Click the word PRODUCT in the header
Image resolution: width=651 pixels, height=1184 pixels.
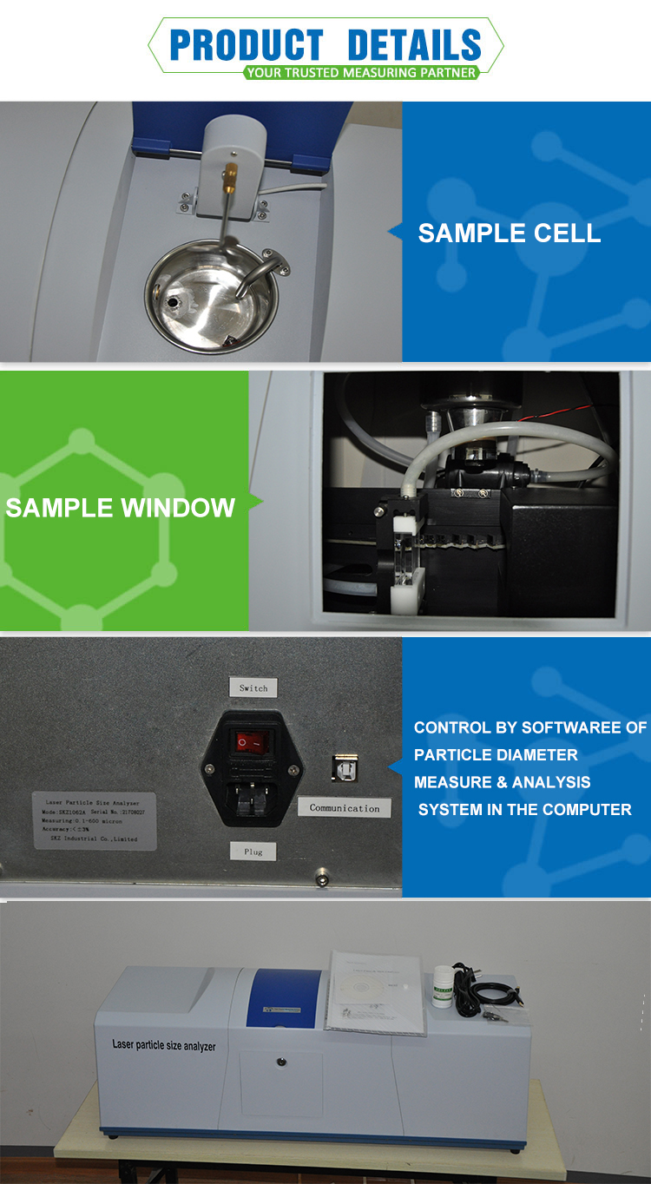[x=246, y=44]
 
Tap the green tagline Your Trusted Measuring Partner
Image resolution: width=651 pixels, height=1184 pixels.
[x=360, y=73]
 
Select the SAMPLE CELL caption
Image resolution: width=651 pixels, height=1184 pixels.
[x=509, y=233]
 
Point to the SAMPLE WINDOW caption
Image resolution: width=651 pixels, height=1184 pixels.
[x=120, y=507]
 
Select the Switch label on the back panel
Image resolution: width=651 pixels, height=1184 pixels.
[x=253, y=688]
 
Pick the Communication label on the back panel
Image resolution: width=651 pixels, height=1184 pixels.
[x=345, y=808]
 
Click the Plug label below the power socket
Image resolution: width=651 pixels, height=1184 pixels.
[x=253, y=851]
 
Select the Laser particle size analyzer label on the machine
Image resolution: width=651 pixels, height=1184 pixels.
[x=164, y=1046]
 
